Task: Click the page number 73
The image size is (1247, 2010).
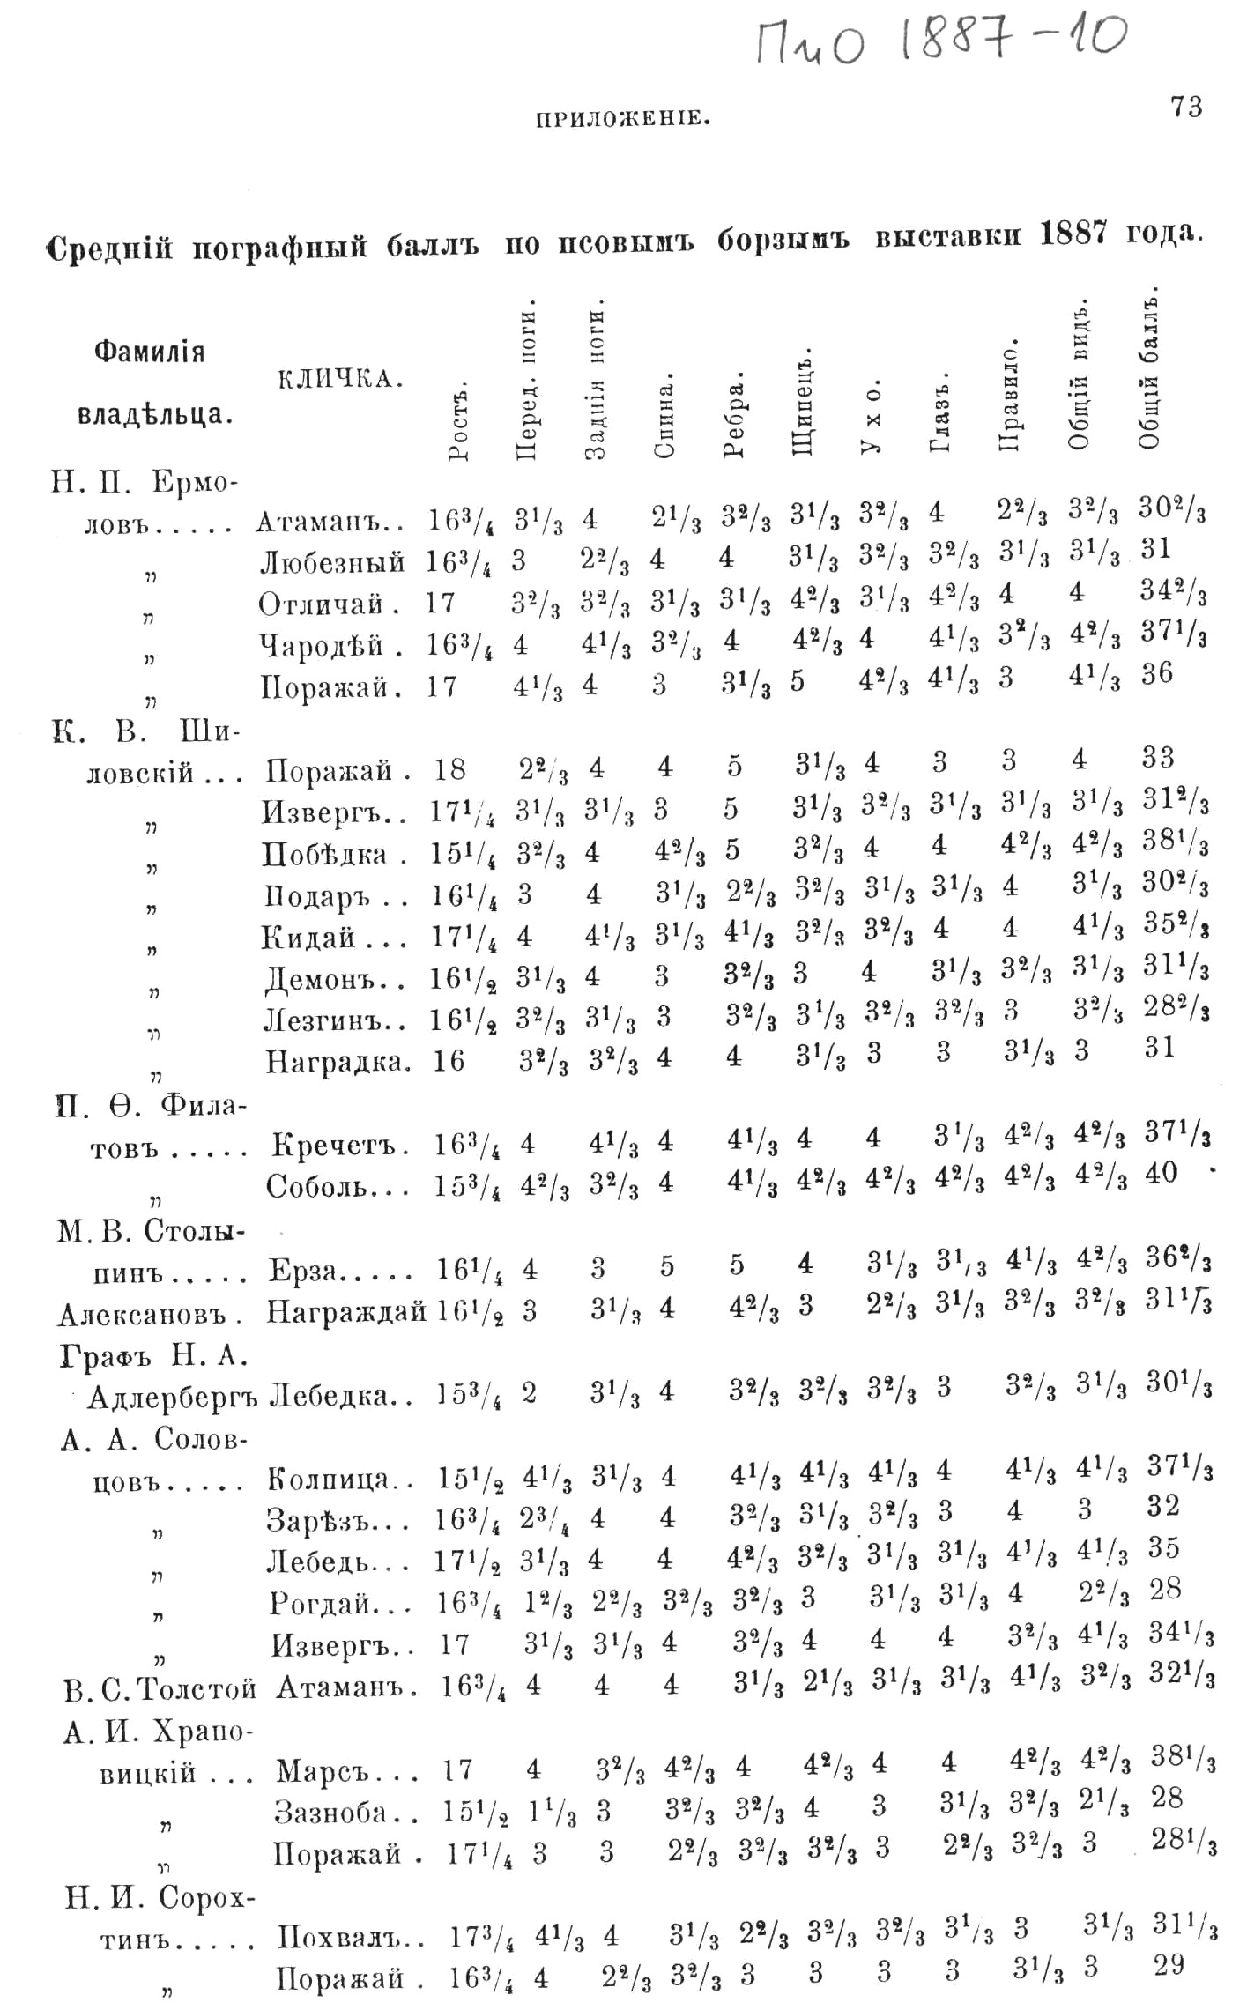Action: (x=1186, y=108)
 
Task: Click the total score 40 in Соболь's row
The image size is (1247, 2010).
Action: (x=1159, y=1173)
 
